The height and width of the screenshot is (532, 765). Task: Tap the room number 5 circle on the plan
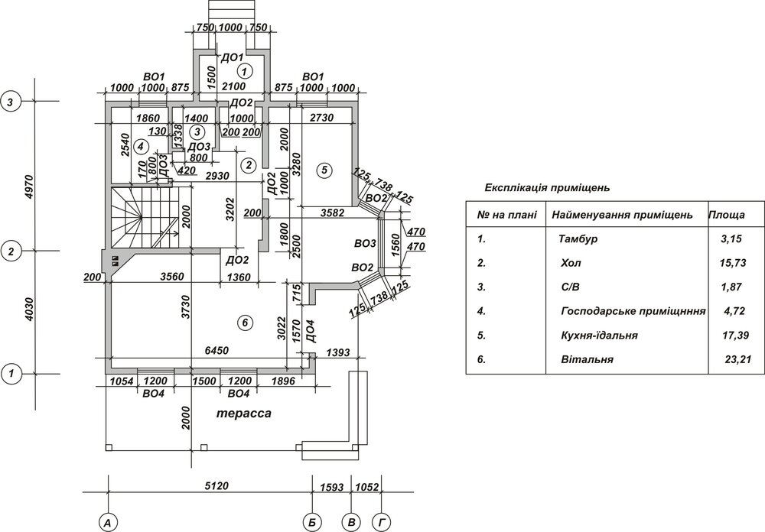point(324,170)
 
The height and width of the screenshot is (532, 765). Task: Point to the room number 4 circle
point(140,145)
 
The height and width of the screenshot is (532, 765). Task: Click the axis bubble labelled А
point(109,522)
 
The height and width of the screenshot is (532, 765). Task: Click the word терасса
point(243,414)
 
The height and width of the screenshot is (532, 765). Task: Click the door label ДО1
point(232,57)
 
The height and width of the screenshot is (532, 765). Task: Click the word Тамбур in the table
point(578,239)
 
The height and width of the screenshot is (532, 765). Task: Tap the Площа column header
point(728,215)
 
